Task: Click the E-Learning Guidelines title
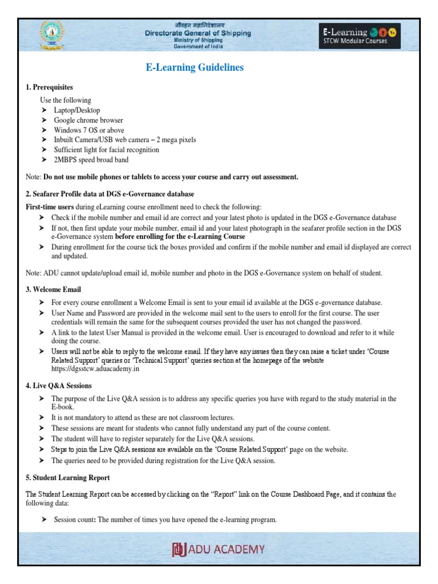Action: (195, 67)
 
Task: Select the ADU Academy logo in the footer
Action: (218, 550)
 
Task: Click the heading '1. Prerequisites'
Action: (50, 87)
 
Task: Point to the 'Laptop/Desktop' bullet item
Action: (76, 110)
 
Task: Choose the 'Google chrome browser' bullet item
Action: (88, 120)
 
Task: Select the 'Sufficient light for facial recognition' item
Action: (106, 150)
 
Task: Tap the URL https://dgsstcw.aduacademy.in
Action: (95, 369)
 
